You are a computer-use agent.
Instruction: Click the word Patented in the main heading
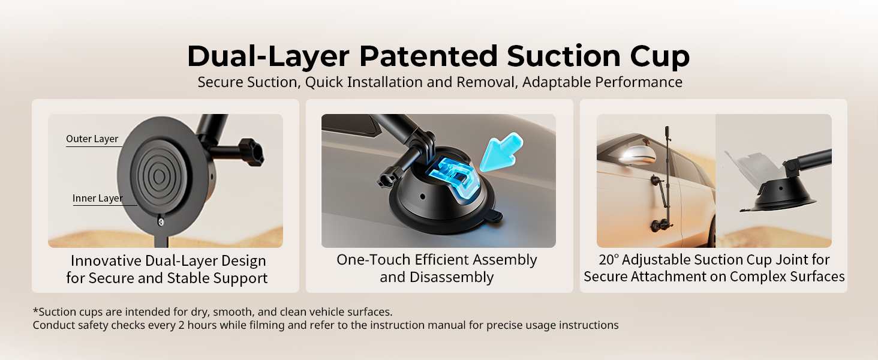click(x=429, y=56)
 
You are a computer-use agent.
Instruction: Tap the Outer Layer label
click(x=92, y=139)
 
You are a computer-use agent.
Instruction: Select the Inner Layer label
click(x=98, y=199)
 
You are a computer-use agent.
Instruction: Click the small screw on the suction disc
click(x=161, y=222)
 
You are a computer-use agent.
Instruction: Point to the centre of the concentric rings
click(x=159, y=176)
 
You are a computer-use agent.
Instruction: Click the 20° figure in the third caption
click(x=609, y=260)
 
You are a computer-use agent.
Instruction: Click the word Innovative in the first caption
click(x=106, y=261)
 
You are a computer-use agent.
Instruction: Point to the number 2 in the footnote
click(x=182, y=325)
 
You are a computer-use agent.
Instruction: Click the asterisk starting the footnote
click(x=35, y=311)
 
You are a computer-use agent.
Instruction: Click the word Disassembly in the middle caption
click(x=452, y=277)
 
